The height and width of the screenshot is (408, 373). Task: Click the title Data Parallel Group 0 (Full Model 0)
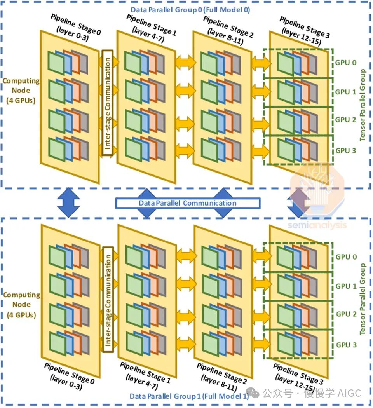190,10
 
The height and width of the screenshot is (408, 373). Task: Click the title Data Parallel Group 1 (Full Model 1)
189,396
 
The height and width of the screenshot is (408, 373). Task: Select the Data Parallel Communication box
188,203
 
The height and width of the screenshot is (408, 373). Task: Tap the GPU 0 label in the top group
345,63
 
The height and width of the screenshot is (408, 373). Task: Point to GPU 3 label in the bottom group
346,345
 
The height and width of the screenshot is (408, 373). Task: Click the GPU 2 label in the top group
345,120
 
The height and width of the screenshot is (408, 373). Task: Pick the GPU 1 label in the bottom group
346,286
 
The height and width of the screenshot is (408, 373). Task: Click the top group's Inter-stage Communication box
107,103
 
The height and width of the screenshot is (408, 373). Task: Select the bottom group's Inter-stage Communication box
108,300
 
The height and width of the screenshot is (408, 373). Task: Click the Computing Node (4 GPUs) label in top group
21,91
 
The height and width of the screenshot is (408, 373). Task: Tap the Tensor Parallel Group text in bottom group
363,299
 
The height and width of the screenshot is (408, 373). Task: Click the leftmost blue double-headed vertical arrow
68,202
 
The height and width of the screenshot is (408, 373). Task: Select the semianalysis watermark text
317,225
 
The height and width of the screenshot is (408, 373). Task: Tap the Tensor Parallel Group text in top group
363,105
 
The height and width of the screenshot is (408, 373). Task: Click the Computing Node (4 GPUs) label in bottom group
21,305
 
